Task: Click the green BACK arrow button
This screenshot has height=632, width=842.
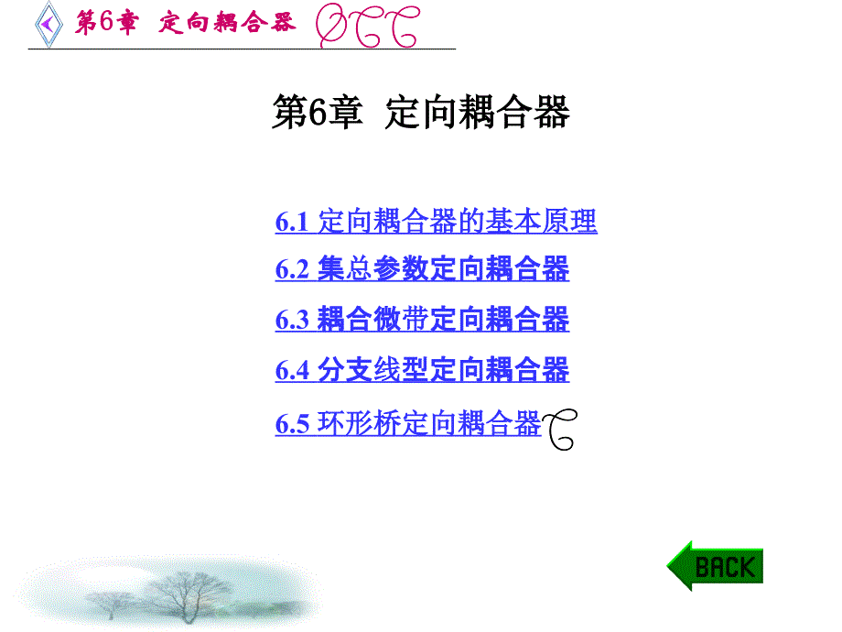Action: pyautogui.click(x=716, y=566)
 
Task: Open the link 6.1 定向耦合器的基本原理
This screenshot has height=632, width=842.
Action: pyautogui.click(x=436, y=221)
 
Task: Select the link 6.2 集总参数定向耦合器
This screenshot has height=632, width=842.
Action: pyautogui.click(x=422, y=268)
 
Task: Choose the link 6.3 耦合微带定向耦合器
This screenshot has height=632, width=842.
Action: pyautogui.click(x=422, y=319)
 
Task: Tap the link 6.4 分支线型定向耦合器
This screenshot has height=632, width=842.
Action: pyautogui.click(x=422, y=370)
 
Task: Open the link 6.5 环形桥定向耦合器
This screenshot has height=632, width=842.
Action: pyautogui.click(x=408, y=423)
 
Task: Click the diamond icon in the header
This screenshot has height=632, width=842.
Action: pyautogui.click(x=49, y=24)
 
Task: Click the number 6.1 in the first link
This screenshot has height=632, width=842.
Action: pyautogui.click(x=292, y=222)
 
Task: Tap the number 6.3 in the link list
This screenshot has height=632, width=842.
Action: pyautogui.click(x=292, y=320)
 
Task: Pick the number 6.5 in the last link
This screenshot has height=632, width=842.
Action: pyautogui.click(x=292, y=424)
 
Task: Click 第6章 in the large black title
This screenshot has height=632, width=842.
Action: pyautogui.click(x=318, y=112)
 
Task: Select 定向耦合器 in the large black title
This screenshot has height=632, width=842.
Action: pyautogui.click(x=478, y=112)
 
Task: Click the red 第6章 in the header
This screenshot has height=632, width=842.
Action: pyautogui.click(x=106, y=23)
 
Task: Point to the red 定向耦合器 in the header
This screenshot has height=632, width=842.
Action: pyautogui.click(x=227, y=23)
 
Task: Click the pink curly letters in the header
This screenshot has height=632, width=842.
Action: pyautogui.click(x=367, y=26)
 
